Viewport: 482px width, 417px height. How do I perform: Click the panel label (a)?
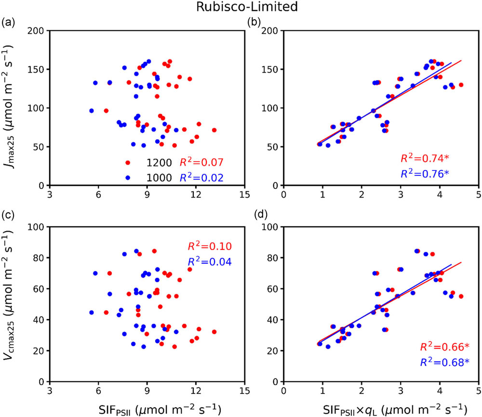point(8,22)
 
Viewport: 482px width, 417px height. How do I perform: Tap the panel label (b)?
point(254,22)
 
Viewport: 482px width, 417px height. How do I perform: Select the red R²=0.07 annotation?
point(202,163)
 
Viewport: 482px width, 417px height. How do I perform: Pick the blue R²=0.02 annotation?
point(202,177)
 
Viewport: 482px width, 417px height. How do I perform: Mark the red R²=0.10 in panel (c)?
point(211,247)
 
